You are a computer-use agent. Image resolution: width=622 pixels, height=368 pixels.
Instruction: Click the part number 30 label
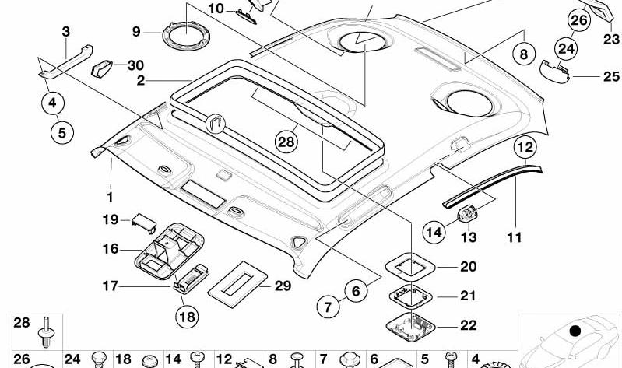point(135,65)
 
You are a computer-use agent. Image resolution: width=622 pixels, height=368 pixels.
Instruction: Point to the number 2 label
point(141,81)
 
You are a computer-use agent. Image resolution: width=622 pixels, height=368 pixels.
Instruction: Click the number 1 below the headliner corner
point(110,197)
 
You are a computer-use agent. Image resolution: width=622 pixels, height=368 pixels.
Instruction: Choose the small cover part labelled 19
point(144,223)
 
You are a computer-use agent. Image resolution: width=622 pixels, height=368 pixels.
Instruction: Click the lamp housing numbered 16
point(170,251)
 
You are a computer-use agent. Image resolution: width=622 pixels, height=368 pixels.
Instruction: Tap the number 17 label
point(111,286)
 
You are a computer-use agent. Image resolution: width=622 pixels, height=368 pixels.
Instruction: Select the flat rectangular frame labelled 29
point(237,284)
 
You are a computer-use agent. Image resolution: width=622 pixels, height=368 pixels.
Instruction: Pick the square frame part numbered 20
point(410,267)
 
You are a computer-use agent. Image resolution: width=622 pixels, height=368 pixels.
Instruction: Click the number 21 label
point(468,296)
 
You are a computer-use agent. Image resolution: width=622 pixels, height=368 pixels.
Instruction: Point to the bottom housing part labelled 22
point(410,327)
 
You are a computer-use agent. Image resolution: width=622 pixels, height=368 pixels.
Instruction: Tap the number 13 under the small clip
point(469,237)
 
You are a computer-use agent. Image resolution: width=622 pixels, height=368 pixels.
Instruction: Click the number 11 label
point(515,237)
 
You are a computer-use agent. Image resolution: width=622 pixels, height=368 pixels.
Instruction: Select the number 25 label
point(611,76)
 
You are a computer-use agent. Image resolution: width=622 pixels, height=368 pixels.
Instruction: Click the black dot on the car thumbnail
point(575,331)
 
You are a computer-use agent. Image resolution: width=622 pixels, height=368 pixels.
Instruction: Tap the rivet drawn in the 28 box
point(46,332)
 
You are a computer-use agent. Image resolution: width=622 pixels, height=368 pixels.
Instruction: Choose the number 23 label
point(611,39)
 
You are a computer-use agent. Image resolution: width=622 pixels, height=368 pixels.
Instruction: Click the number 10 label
point(216,9)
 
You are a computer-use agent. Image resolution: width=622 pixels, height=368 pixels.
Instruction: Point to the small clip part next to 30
point(103,68)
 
